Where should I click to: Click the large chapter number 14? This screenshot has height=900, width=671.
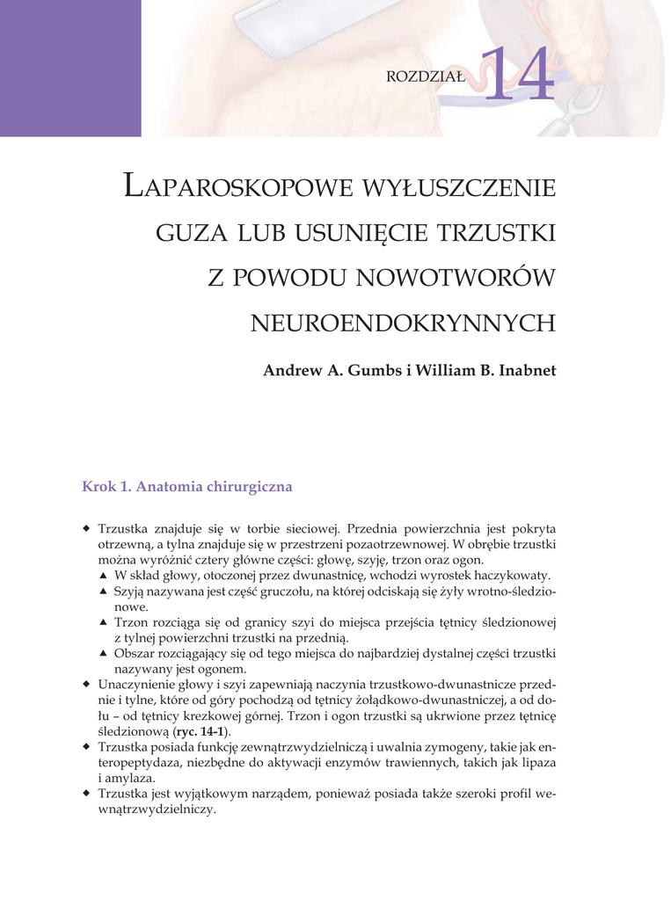click(518, 75)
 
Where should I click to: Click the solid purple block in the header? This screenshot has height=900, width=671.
click(70, 68)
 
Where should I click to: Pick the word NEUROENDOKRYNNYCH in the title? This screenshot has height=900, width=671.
click(404, 323)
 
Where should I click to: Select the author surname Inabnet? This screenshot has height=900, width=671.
click(524, 371)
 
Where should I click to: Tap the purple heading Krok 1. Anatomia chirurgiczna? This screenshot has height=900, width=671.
click(186, 486)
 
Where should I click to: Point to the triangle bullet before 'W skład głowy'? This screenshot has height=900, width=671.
click(102, 576)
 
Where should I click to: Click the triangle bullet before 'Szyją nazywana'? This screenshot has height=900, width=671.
click(102, 592)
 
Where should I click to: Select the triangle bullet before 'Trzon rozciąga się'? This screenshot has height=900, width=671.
click(102, 622)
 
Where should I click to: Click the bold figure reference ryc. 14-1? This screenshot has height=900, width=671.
click(201, 731)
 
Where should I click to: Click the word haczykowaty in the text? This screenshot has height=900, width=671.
click(515, 576)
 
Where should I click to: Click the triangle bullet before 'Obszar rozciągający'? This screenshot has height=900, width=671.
click(102, 654)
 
